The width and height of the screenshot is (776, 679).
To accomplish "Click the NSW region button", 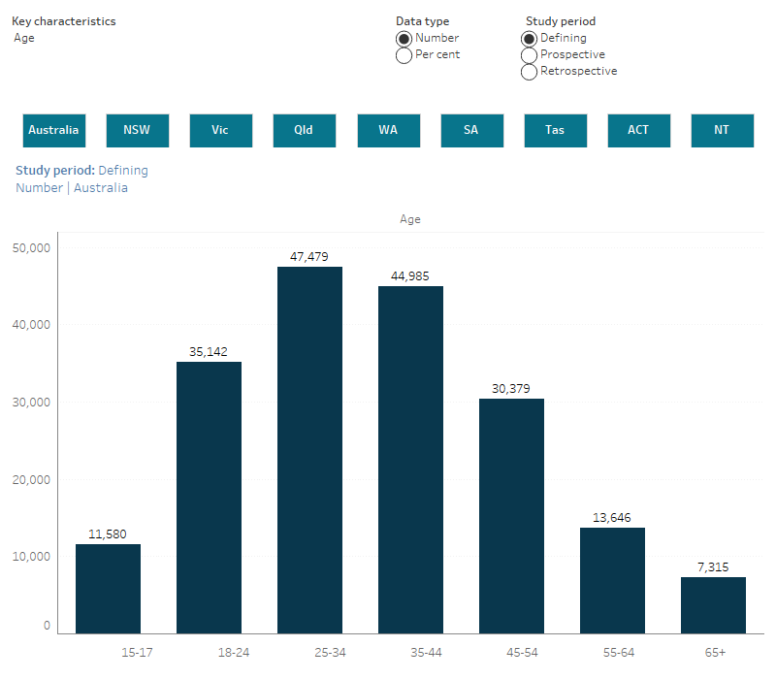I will click(x=137, y=130).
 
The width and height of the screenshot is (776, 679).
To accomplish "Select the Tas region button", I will click(x=555, y=130).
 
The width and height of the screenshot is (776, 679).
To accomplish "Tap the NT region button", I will click(x=722, y=130).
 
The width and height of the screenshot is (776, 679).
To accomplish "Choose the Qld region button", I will click(x=304, y=130).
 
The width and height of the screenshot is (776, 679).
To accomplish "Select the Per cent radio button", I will click(x=404, y=55).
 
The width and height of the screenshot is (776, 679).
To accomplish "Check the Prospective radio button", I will click(x=529, y=54).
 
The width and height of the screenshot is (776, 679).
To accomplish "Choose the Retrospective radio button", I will click(x=529, y=71).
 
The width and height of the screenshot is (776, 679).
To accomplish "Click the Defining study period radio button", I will click(x=529, y=38).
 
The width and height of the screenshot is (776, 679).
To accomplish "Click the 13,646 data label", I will click(x=612, y=517).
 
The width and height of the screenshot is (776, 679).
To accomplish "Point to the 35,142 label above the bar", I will click(x=209, y=351).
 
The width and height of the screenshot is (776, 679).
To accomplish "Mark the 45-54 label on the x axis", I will click(x=511, y=652).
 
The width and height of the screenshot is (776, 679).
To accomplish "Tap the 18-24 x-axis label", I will click(x=209, y=652).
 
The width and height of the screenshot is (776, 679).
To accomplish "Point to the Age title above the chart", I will click(x=410, y=219).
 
